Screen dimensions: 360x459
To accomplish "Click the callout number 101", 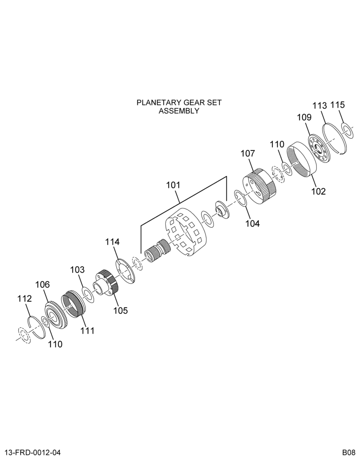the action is [x=173, y=185].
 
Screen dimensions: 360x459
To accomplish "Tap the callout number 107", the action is [x=248, y=153].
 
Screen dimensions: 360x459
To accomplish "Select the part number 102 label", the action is [x=318, y=191].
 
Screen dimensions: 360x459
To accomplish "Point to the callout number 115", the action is [x=338, y=105].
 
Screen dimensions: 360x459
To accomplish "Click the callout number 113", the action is [x=319, y=106].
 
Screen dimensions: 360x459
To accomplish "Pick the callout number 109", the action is [x=304, y=118].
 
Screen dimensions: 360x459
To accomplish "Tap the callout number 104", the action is [x=253, y=224].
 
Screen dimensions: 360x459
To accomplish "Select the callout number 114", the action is [x=112, y=242].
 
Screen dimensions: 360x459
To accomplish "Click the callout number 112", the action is [x=24, y=299].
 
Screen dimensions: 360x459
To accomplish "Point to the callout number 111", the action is [x=88, y=330].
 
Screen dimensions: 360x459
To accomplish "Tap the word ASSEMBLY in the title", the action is [x=179, y=111].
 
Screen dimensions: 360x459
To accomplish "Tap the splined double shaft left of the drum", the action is [x=157, y=251].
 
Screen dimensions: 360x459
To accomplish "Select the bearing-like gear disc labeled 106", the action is [x=56, y=315].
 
